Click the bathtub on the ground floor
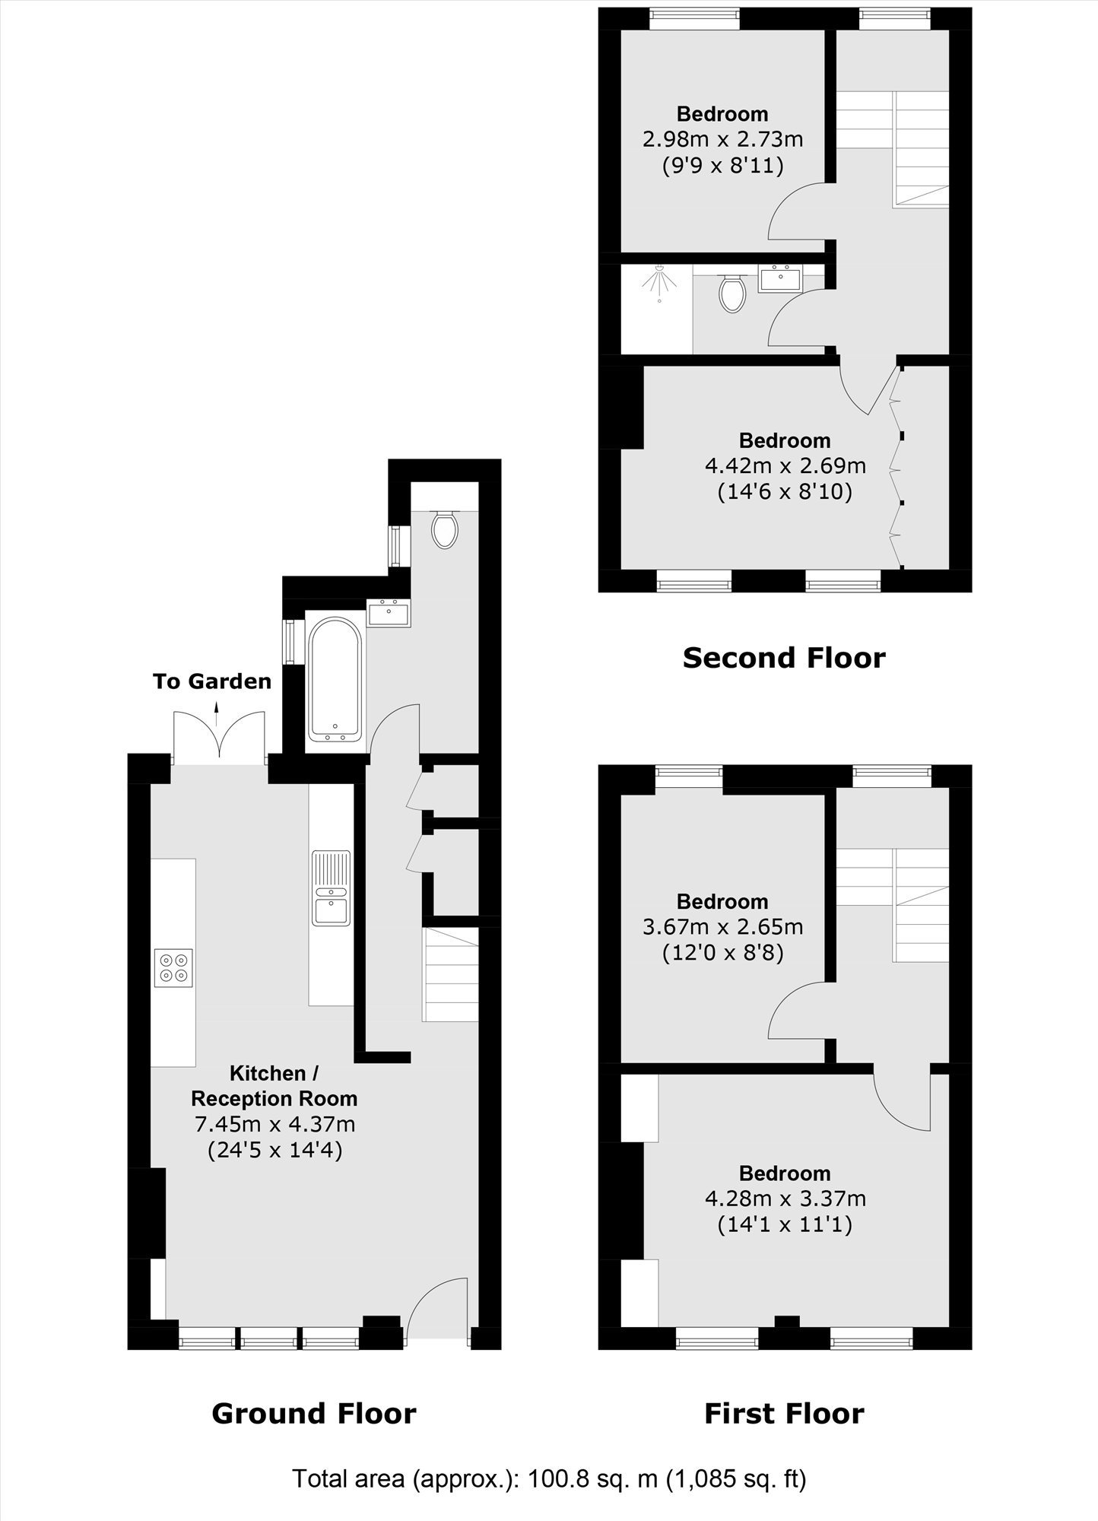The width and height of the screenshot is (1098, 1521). (335, 679)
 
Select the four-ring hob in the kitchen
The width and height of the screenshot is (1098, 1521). (173, 967)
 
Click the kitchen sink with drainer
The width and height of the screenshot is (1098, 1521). (332, 888)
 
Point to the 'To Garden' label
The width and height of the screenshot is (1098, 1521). (212, 681)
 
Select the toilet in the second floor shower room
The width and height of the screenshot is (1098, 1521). (732, 294)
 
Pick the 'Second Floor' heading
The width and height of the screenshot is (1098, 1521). (784, 658)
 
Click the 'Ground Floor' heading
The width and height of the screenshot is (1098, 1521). (314, 1414)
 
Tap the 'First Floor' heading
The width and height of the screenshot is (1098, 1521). (784, 1414)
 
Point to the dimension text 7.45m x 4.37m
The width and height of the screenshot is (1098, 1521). (275, 1123)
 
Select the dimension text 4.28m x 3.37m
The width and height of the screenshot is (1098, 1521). (785, 1199)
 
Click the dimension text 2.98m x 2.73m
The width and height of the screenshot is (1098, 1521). (722, 139)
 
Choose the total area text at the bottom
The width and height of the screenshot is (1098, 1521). (550, 1479)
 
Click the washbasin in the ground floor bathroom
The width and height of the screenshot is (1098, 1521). (389, 613)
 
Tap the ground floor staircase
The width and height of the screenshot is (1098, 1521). (451, 974)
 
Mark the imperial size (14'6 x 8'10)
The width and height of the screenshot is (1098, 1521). (785, 492)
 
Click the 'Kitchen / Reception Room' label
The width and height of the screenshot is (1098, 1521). (274, 1086)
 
